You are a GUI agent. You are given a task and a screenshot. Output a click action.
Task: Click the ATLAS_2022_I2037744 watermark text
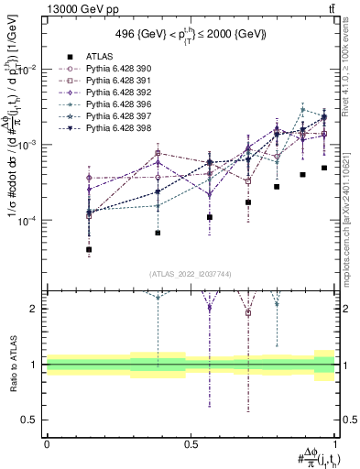191,274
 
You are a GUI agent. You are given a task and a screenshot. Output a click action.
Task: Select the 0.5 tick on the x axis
191,442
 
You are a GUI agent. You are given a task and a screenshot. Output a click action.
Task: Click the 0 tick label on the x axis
47,442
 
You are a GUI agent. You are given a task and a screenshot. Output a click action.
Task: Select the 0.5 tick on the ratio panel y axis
33,420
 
